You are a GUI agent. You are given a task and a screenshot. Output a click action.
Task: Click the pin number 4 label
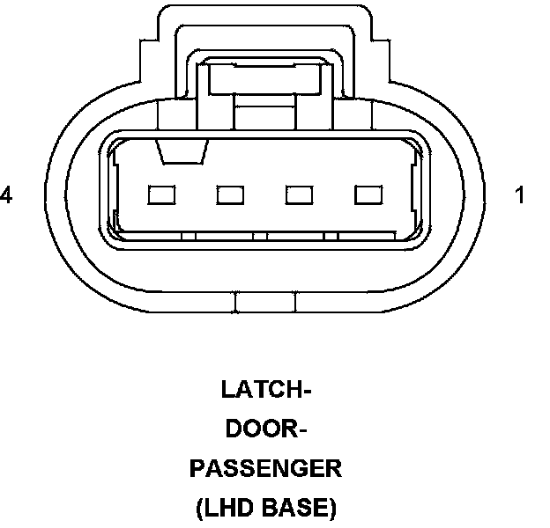(7, 196)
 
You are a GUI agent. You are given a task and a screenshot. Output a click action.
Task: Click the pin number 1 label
(520, 196)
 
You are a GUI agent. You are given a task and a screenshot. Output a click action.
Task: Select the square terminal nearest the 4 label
(161, 194)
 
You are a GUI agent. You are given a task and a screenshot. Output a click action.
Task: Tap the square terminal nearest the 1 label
(367, 194)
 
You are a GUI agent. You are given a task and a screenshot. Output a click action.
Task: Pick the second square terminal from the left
(231, 194)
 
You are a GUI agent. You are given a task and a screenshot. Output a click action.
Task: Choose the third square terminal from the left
(301, 194)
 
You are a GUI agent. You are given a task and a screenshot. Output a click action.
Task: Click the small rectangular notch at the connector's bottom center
(266, 304)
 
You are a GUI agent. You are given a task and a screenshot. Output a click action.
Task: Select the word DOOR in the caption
(259, 429)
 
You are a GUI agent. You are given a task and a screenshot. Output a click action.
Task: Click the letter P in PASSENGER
(197, 468)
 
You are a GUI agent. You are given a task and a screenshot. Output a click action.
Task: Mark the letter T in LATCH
(259, 389)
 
